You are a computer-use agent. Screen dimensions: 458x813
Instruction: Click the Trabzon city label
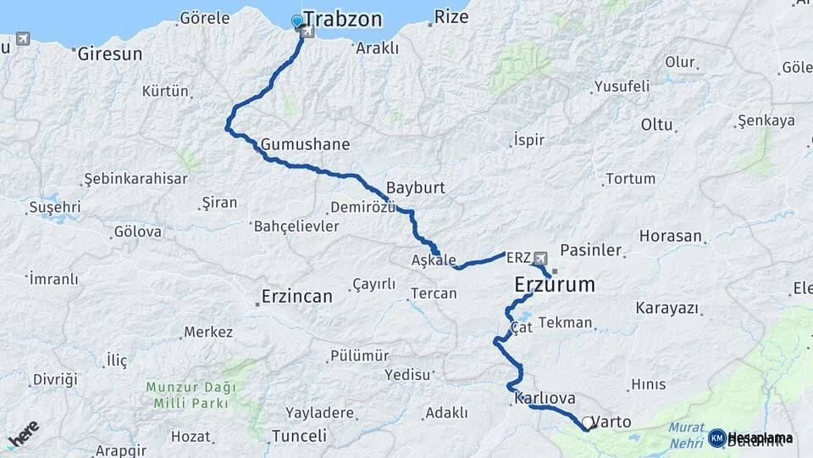[x=342, y=20]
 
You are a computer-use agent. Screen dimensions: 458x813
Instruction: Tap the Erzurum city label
[x=555, y=286]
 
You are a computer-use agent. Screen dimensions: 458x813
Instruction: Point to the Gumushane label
[x=305, y=144]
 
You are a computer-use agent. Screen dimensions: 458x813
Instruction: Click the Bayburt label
[x=415, y=187]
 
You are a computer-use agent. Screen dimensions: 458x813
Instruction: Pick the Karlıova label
[x=545, y=398]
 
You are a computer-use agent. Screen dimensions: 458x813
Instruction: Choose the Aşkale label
[x=434, y=260]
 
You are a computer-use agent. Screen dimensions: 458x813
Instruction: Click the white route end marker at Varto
[x=588, y=422]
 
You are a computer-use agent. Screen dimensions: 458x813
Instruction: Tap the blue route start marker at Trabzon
[x=296, y=21]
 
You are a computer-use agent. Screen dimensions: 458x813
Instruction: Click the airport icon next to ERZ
[x=539, y=257]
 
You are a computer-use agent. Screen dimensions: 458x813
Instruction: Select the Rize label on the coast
[x=451, y=16]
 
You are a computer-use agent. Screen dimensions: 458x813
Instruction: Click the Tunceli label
[x=298, y=436]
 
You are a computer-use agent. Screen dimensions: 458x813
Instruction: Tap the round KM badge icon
[x=716, y=438]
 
